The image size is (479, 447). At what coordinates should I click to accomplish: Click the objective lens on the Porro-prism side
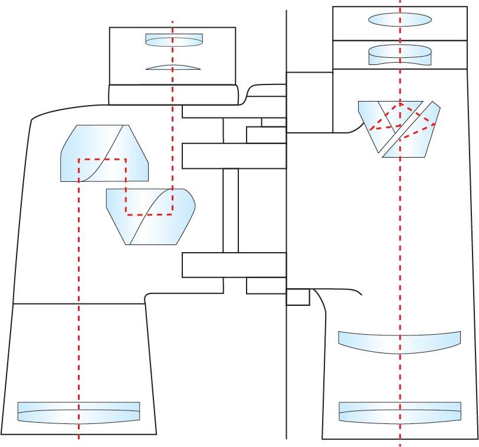tap(78, 412)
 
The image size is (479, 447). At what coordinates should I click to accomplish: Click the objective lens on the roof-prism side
tap(400, 412)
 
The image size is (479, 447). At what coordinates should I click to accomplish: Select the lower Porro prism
tap(150, 216)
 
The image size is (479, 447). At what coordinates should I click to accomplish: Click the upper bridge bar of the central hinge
tap(234, 156)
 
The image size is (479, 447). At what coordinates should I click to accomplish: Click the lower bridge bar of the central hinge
tap(234, 265)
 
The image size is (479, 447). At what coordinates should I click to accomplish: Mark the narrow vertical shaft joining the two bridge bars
tap(231, 210)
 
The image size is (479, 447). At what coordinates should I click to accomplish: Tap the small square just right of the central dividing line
tap(298, 297)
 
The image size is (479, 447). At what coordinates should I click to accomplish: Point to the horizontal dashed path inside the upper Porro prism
tap(102, 159)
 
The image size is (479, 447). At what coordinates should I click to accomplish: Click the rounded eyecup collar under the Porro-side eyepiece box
tap(173, 94)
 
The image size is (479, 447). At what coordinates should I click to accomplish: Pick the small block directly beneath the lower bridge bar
tap(265, 286)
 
